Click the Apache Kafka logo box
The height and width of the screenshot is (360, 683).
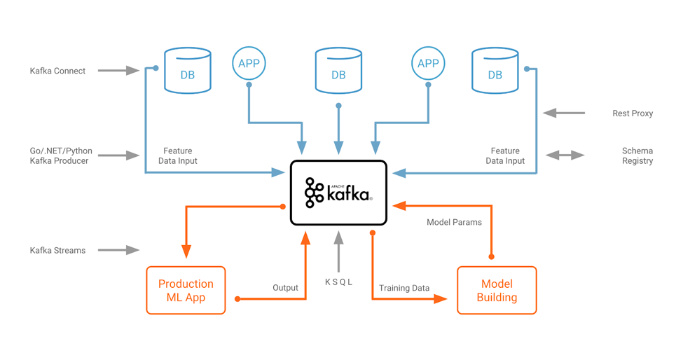coord(338,193)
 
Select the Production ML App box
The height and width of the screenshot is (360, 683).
coord(186,290)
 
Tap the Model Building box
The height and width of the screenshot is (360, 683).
coord(497,290)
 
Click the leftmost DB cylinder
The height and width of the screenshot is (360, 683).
coord(187,71)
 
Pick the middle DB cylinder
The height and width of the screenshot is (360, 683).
coord(338,71)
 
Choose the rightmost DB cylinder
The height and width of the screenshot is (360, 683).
coord(495,71)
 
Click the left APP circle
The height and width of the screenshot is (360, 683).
coord(249,64)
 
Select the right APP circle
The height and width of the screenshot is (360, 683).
coord(428,64)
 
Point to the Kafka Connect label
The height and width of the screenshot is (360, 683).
coord(57,71)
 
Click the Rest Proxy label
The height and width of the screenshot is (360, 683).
coord(632,113)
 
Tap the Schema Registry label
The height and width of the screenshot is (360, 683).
coord(637,155)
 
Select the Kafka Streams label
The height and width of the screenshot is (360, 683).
coord(57,250)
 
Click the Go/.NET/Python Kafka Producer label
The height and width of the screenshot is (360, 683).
coord(61,155)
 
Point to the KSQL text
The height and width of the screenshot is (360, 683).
coord(338,282)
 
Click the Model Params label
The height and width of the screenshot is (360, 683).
coord(454,222)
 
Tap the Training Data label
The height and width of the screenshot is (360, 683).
coord(404,288)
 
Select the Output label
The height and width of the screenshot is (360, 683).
coord(285,288)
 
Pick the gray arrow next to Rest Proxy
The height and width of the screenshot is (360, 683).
coord(564,113)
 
